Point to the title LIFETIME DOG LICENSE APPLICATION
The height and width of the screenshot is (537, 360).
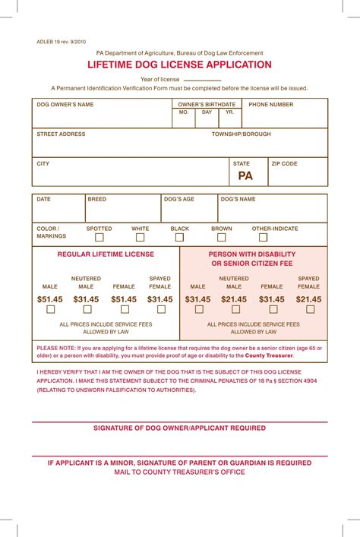click(179, 65)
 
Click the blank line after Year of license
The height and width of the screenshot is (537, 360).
click(202, 79)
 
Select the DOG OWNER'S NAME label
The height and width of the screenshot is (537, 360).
click(65, 105)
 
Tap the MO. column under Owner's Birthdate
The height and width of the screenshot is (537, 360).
click(184, 112)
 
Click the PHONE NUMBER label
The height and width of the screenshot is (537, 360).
click(271, 105)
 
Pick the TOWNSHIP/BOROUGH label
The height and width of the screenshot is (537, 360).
click(241, 134)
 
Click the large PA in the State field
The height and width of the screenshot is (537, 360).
click(245, 175)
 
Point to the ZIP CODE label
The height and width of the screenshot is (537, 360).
click(285, 163)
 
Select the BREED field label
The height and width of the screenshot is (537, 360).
click(97, 199)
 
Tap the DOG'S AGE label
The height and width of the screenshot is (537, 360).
click(179, 199)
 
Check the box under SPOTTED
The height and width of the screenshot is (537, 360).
click(99, 238)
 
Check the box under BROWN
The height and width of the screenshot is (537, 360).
click(222, 238)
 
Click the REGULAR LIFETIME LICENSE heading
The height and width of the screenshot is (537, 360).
click(106, 254)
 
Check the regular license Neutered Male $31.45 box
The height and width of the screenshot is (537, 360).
click(87, 310)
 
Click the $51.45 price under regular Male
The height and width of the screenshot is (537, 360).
click(50, 299)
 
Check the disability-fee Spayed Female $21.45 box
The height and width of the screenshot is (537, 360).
click(308, 310)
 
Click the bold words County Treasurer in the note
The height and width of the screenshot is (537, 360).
click(269, 355)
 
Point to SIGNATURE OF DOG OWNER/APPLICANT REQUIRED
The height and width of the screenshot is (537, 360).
click(179, 428)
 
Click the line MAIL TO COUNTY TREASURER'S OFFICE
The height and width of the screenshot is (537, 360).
click(179, 472)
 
